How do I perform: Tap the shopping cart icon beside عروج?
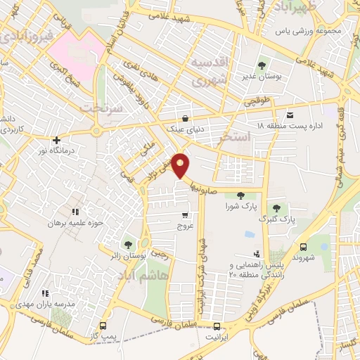185,215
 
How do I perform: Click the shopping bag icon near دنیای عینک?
184,118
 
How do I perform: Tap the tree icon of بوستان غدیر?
262,65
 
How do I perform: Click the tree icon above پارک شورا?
240,195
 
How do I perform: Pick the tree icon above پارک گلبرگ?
276,208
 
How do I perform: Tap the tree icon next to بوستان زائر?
128,244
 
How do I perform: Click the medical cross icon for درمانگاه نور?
56,139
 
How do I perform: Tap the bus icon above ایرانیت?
217,326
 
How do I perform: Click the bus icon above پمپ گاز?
103,326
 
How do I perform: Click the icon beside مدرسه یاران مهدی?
46,293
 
